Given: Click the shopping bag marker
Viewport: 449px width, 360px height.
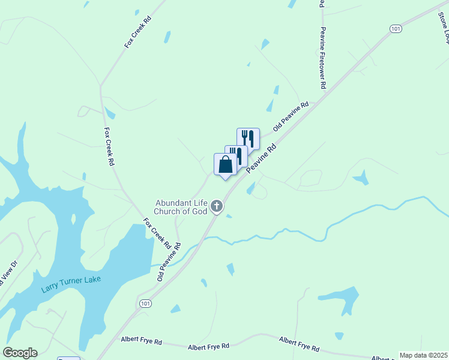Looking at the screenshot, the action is point(225,164).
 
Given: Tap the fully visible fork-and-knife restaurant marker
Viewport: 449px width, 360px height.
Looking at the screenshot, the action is point(248,139).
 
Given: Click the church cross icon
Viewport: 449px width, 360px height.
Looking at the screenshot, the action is point(217,208).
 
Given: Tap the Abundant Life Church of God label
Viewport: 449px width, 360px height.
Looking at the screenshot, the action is point(181,207).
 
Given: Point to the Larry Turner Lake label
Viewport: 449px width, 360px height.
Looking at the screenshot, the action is point(71,284).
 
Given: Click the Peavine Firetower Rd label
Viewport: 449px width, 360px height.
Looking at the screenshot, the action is point(323,58).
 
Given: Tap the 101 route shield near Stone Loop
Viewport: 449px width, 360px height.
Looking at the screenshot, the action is point(395,29).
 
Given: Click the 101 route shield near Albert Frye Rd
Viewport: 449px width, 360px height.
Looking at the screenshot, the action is point(145,304).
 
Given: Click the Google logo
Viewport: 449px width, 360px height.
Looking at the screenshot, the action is point(20,353).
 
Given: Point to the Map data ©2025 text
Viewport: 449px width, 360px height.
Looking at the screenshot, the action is point(423,355).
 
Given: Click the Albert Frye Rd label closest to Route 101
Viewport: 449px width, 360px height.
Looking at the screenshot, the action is point(141,341).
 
